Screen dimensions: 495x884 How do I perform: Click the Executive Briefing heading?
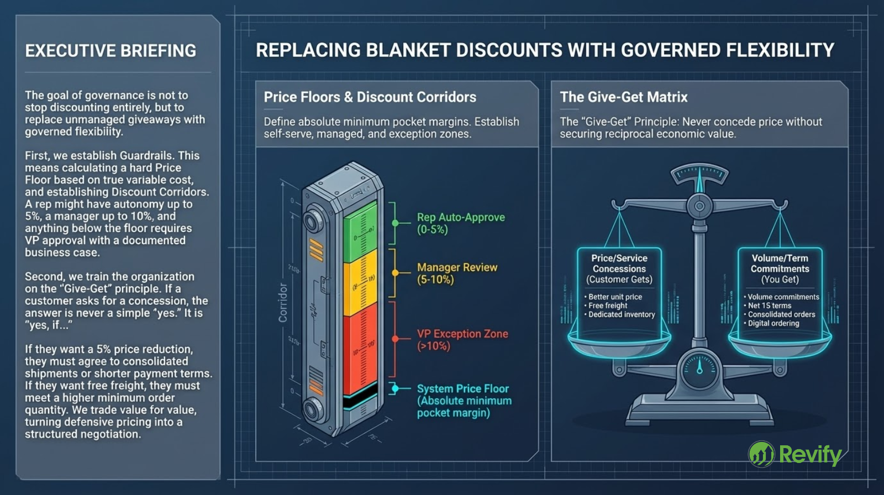click(x=110, y=51)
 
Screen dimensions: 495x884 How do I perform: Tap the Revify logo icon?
click(x=761, y=454)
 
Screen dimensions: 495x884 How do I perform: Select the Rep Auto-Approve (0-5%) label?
click(x=460, y=223)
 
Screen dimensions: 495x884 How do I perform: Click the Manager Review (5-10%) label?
click(x=457, y=273)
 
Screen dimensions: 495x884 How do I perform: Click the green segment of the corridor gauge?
click(x=360, y=232)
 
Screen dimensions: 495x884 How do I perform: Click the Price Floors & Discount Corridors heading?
click(x=370, y=97)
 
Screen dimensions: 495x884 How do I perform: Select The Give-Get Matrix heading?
click(x=623, y=97)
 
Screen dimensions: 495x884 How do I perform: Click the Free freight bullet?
click(x=608, y=306)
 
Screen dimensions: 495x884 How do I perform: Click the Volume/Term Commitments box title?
click(x=780, y=264)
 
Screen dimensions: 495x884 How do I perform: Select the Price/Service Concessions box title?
click(x=619, y=264)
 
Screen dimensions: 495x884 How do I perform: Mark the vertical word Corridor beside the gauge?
click(x=283, y=303)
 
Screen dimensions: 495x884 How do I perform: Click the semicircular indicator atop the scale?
click(x=699, y=175)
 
